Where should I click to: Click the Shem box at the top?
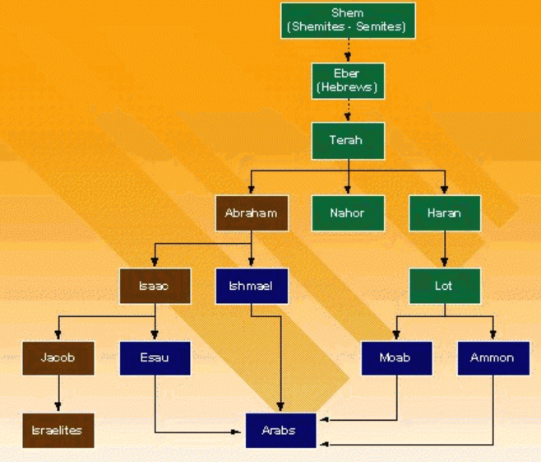pyautogui.click(x=346, y=21)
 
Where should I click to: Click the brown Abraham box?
pyautogui.click(x=251, y=213)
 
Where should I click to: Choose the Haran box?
pyautogui.click(x=444, y=213)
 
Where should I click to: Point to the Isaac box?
pyautogui.click(x=155, y=287)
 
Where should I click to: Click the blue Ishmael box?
pyautogui.click(x=251, y=287)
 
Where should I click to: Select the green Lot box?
pyautogui.click(x=444, y=287)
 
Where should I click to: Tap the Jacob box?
pyautogui.click(x=58, y=357)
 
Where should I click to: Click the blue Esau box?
pyautogui.click(x=155, y=357)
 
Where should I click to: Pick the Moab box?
pyautogui.click(x=396, y=357)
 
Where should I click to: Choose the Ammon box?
pyautogui.click(x=492, y=357)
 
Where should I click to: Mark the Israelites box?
pyautogui.click(x=58, y=430)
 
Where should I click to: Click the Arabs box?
pyautogui.click(x=281, y=430)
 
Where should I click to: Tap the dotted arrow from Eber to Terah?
pyautogui.click(x=348, y=110)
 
